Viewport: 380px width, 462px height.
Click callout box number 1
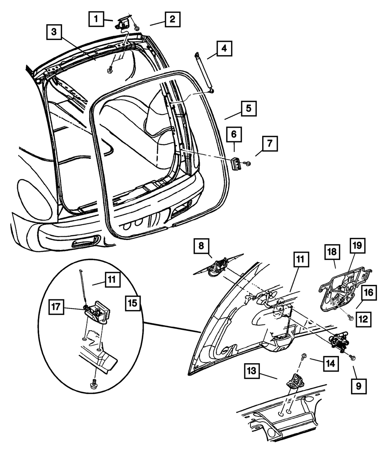[x=96, y=19]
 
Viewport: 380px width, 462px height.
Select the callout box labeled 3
[x=54, y=32]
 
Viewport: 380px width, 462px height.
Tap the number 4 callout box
[x=225, y=48]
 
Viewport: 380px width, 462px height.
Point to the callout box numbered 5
[x=249, y=108]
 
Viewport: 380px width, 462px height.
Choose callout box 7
[x=270, y=144]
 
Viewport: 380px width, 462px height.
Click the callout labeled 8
[x=201, y=246]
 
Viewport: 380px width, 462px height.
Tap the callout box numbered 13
[x=252, y=371]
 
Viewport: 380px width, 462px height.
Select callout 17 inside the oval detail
[x=56, y=307]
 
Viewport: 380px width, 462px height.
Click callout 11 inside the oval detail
[x=112, y=280]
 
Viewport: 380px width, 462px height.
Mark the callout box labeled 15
[x=133, y=303]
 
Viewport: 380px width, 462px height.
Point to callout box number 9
[x=359, y=386]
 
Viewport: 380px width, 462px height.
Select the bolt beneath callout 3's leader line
[x=110, y=69]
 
